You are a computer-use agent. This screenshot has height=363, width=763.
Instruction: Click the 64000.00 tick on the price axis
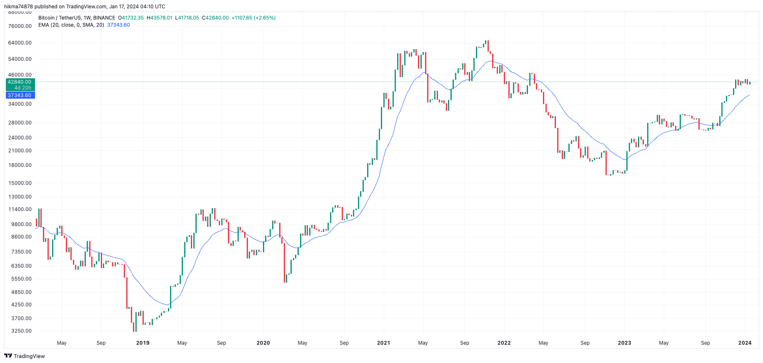pos(20,43)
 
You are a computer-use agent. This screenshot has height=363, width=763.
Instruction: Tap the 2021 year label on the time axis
pos(383,343)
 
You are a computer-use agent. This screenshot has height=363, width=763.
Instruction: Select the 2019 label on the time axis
pos(143,343)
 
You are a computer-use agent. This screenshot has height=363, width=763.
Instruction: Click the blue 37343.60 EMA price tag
pos(20,95)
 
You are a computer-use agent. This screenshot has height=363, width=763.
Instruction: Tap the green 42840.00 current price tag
pos(20,82)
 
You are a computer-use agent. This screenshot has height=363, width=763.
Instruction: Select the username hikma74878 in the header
pos(18,7)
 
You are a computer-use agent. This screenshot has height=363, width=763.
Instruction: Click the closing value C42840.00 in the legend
pos(215,18)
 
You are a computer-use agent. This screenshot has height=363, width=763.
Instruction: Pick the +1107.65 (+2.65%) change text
pos(253,18)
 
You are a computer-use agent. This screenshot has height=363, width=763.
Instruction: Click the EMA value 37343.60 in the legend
pos(118,25)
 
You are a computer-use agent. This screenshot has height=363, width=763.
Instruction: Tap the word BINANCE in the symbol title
pos(104,18)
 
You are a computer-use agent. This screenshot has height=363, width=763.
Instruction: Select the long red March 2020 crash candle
pos(285,262)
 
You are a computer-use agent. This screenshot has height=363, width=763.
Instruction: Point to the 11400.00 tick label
pos(20,209)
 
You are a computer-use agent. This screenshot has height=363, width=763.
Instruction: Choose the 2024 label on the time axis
pos(745,343)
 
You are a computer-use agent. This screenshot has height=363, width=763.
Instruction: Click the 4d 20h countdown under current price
pos(23,88)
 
